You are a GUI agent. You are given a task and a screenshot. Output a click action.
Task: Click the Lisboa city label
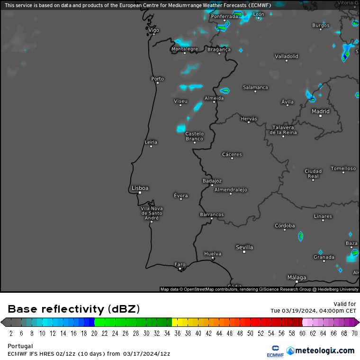pyautogui.click(x=140, y=188)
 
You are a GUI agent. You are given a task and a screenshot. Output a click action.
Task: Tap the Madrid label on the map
pyautogui.click(x=321, y=111)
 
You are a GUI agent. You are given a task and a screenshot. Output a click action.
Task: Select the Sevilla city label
pyautogui.click(x=244, y=247)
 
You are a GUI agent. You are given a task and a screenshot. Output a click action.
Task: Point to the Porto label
pyautogui.click(x=157, y=79)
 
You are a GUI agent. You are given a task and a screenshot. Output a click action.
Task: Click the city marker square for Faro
pyautogui.click(x=180, y=269)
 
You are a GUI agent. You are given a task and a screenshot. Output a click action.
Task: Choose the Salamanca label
pyautogui.click(x=255, y=87)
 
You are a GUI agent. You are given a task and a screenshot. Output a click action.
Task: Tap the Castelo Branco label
pyautogui.click(x=194, y=136)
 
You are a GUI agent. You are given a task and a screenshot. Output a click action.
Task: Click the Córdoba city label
pyautogui.click(x=285, y=225)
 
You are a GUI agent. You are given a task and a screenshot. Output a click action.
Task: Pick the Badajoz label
pyautogui.click(x=212, y=180)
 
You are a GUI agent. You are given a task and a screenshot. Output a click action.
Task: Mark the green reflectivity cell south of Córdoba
pyautogui.click(x=300, y=235)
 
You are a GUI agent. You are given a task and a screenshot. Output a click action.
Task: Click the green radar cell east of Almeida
pyautogui.click(x=225, y=90)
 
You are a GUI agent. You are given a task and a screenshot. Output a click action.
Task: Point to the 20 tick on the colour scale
pyautogui.click(x=95, y=333)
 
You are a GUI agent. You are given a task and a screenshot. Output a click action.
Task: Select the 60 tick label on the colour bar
pyautogui.click(x=302, y=333)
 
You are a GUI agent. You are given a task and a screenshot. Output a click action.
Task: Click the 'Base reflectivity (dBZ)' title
pyautogui.click(x=73, y=309)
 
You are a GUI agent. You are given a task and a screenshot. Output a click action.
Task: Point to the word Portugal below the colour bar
pyautogui.click(x=20, y=346)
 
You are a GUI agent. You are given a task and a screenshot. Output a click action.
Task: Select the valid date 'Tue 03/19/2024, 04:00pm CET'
pyautogui.click(x=313, y=311)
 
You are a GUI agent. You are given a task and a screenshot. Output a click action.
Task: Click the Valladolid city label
pyautogui.click(x=287, y=56)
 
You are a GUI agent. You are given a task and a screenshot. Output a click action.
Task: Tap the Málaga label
pyautogui.click(x=297, y=277)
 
